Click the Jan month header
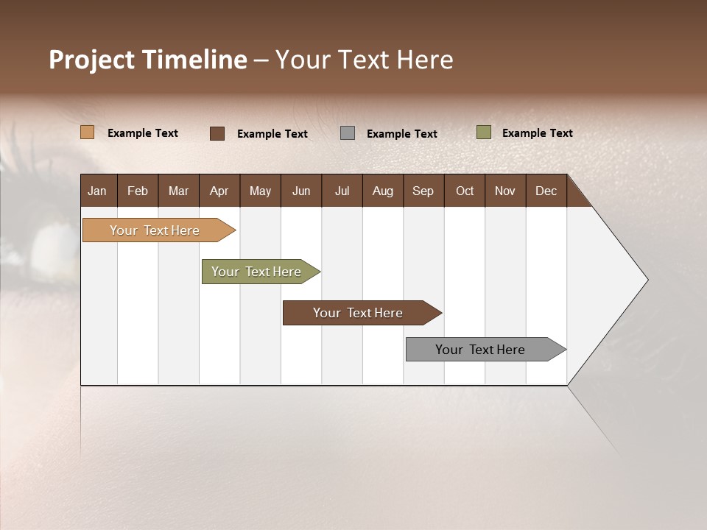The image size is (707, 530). coord(97,191)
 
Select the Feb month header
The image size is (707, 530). coord(138,191)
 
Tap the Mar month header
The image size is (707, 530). coord(178,191)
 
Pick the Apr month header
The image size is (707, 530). coord(219,191)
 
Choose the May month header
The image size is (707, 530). coord(260,191)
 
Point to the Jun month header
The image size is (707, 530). coord(301,191)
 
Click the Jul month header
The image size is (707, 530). coord(342,191)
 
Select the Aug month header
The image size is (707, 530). coord(383,191)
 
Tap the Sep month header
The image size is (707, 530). coord(423,191)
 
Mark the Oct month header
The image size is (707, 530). coord(465,191)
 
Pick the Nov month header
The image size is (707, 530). coord(505,191)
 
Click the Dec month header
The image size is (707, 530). coord(546,191)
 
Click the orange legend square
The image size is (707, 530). coord(88,132)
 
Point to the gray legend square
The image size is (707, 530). coord(348,133)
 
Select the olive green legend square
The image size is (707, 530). coord(484,132)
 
